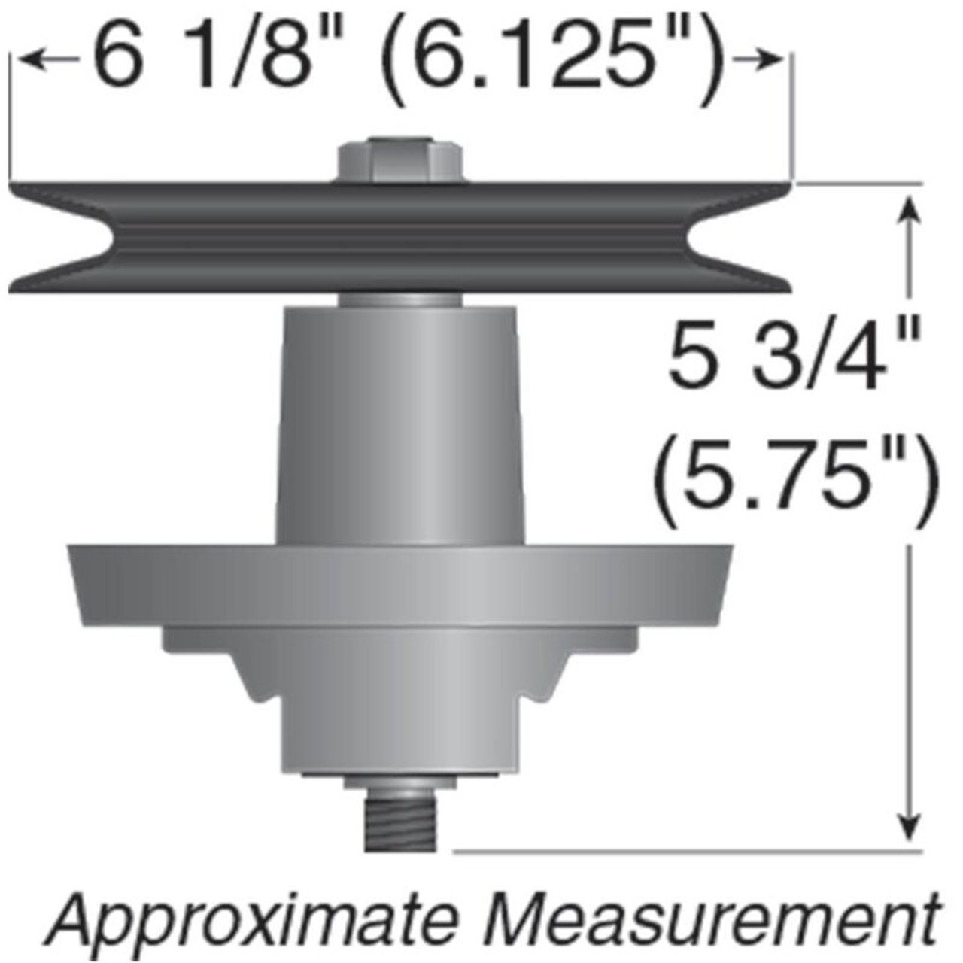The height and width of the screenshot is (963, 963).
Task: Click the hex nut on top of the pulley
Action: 399,159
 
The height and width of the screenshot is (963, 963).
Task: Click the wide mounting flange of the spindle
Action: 399,583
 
